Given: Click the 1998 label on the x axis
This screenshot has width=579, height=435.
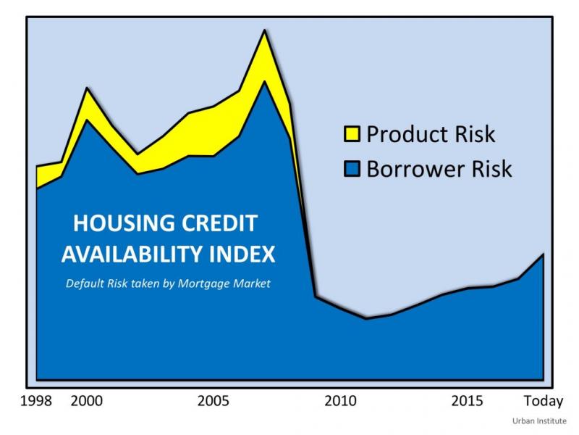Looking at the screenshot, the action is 35,401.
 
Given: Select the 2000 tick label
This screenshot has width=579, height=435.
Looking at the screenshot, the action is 86,401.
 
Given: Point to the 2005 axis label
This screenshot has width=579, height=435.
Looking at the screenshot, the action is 213,401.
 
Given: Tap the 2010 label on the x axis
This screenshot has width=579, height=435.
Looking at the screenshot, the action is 340,401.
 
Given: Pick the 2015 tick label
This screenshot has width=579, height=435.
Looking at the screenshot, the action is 467,401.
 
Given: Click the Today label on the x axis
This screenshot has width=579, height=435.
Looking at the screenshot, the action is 544,402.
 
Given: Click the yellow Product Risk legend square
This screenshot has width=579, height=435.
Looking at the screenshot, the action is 352,134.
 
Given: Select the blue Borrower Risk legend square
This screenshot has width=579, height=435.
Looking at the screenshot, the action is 352,169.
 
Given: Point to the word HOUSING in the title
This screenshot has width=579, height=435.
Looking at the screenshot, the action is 124,223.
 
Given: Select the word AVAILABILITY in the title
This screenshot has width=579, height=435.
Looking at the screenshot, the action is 132,254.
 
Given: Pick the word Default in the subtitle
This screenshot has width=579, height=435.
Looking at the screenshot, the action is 85,283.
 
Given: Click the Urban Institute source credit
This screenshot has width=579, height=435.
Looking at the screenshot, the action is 539,421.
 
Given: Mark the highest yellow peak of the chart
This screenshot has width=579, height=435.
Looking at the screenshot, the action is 264,30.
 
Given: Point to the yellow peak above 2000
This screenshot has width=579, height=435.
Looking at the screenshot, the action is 87,88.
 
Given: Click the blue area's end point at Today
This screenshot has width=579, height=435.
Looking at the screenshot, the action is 544,254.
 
